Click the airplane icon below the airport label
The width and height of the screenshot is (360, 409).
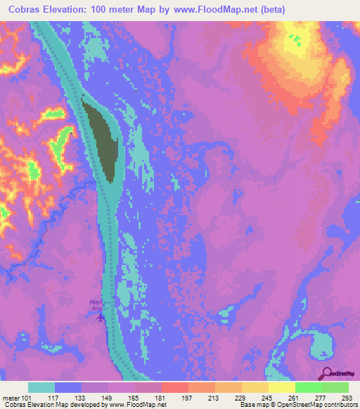coord(100,317)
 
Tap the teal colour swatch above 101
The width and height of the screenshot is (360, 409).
coord(41,387)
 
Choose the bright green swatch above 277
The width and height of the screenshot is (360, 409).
coord(308,387)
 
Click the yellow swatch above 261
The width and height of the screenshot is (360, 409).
coord(281,387)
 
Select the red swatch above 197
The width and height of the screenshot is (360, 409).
coord(174,387)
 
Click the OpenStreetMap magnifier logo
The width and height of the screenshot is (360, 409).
coord(325,372)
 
